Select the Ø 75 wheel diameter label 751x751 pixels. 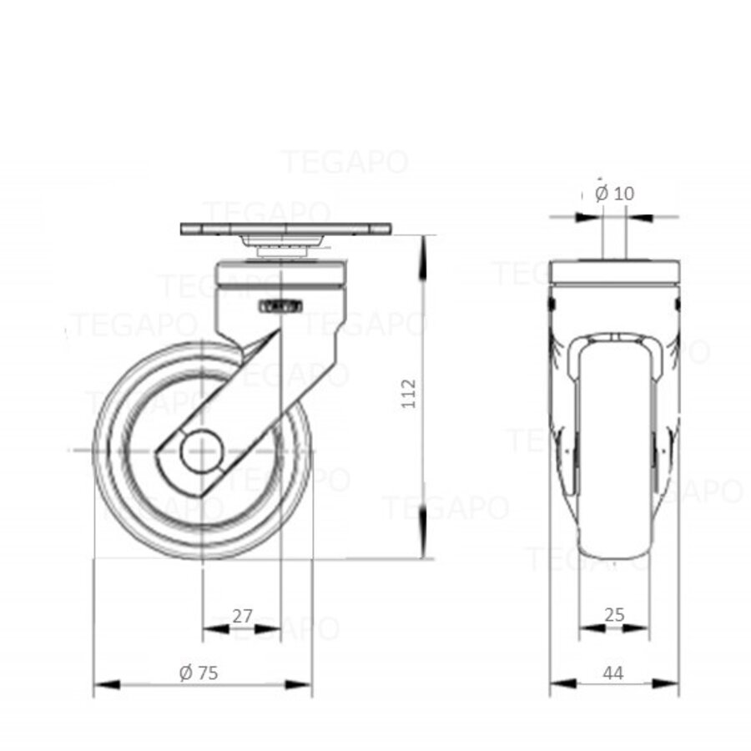coord(199,673)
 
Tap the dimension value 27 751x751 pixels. coord(242,617)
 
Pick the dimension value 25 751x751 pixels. coord(613,616)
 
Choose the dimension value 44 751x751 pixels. coord(613,673)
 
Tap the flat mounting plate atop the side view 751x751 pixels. coord(285,229)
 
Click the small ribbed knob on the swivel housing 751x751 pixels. coord(281,307)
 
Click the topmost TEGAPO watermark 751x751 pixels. coord(344,161)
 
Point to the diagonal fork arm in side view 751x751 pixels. coord(242,392)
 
